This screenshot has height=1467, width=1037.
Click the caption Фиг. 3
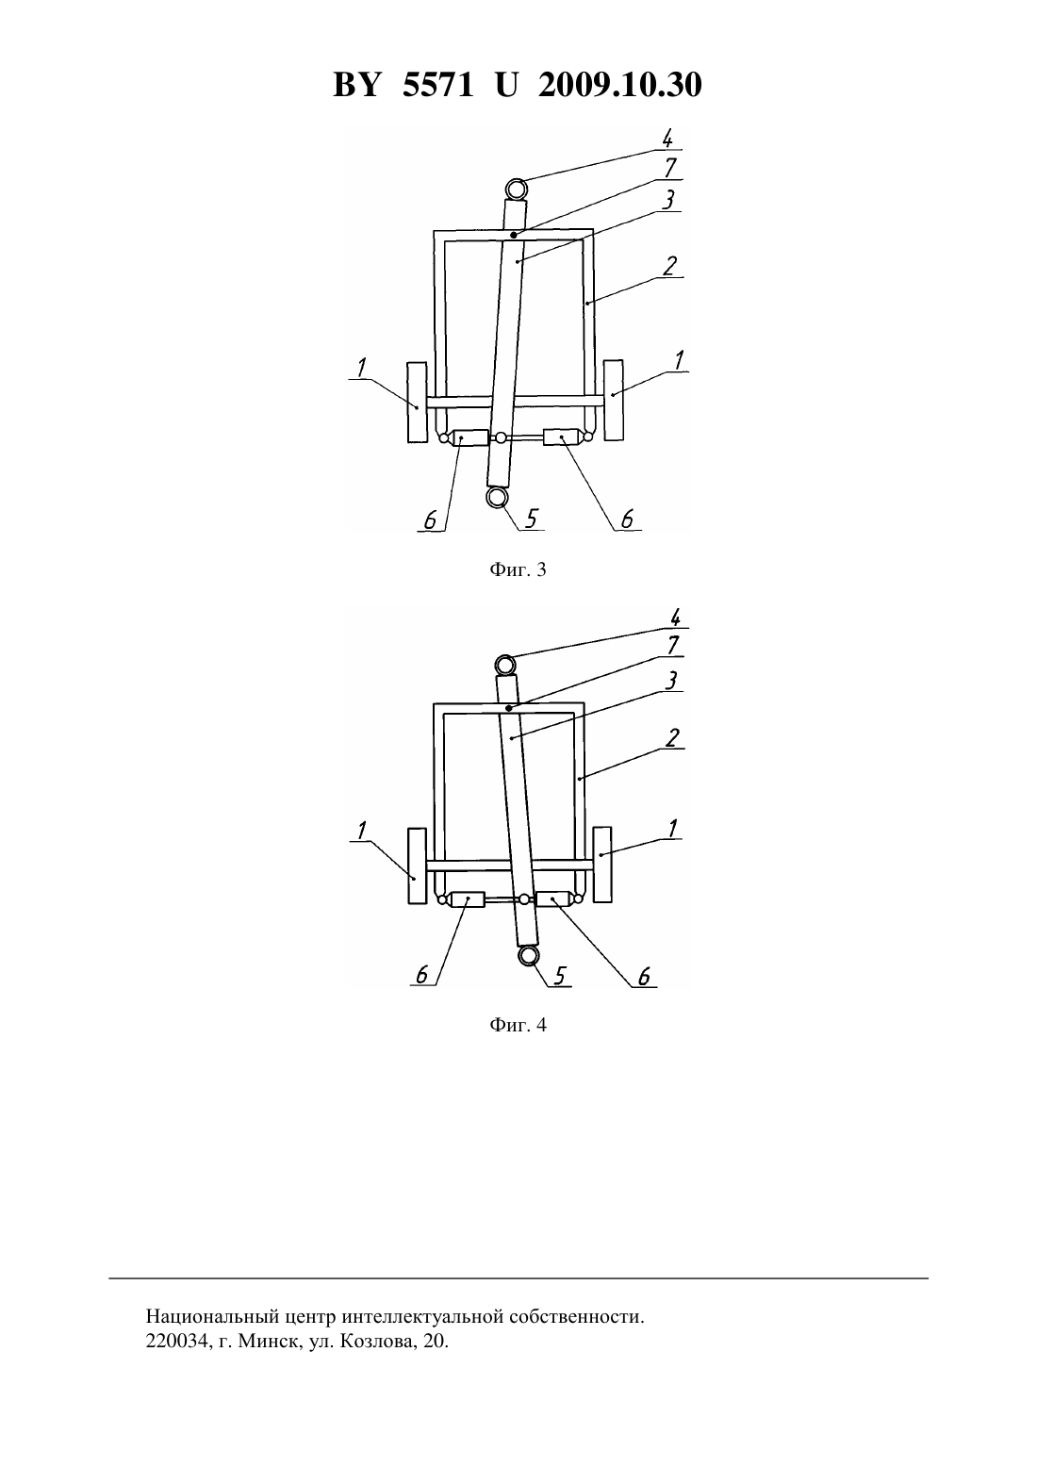pos(518,569)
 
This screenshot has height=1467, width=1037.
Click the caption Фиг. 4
pos(518,1025)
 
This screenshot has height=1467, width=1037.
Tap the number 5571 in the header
pos(437,85)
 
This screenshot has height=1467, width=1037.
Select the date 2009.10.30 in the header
pos(620,85)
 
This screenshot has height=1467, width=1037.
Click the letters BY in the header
pos(356,85)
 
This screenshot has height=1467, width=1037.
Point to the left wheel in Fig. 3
pos(417,403)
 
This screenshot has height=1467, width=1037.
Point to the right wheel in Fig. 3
pos(614,400)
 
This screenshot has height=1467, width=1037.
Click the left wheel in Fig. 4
pos(417,865)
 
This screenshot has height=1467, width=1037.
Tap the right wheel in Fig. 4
pos(602,865)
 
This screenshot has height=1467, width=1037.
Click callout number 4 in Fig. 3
pos(667,139)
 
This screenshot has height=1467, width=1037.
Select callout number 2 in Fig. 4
pos(671,738)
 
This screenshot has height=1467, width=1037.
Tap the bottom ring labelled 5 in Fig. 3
pos(497,499)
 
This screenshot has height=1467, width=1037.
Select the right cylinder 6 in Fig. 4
pos(553,899)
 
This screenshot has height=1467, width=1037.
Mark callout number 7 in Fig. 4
pos(672,646)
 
